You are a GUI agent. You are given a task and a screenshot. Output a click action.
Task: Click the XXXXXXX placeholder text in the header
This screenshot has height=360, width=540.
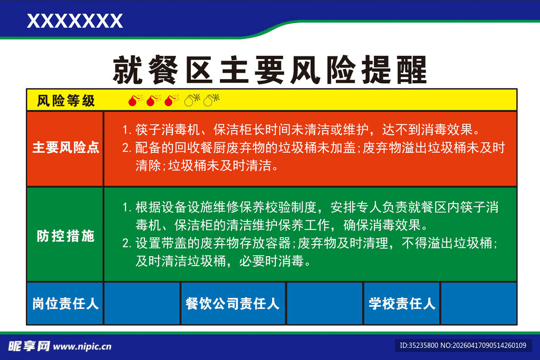[x=74, y=21]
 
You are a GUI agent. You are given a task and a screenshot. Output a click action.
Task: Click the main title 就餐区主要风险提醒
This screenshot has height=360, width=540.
[x=269, y=70]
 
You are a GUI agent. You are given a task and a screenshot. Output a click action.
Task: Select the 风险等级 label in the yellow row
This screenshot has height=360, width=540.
[x=66, y=101]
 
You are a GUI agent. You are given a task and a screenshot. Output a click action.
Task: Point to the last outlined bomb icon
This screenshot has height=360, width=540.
[x=211, y=100]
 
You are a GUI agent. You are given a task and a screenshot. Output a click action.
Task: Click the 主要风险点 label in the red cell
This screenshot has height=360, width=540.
[x=65, y=148]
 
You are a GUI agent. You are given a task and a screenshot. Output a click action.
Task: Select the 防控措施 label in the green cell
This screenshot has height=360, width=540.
[x=65, y=236]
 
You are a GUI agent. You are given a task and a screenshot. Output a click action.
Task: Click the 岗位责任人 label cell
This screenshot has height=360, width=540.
[x=65, y=304]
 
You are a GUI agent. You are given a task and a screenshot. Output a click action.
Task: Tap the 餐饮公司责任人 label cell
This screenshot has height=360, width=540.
[x=233, y=304]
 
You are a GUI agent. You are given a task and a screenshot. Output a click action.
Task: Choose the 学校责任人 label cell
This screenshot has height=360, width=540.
[x=402, y=304]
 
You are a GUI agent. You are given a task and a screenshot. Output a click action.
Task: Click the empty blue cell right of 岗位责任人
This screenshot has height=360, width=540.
[x=142, y=304]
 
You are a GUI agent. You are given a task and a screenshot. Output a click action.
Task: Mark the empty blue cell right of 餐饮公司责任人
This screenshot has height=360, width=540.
[x=324, y=304]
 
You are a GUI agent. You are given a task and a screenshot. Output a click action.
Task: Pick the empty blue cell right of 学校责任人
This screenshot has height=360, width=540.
[x=478, y=304]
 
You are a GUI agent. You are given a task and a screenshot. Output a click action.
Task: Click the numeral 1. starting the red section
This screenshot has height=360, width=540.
[x=126, y=130]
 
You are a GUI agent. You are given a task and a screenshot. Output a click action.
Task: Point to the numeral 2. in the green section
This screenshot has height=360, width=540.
[x=126, y=244]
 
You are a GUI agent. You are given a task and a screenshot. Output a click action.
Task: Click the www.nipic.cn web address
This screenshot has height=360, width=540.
[x=82, y=347]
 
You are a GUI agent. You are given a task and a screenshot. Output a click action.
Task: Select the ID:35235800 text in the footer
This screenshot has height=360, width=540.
[x=419, y=346]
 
